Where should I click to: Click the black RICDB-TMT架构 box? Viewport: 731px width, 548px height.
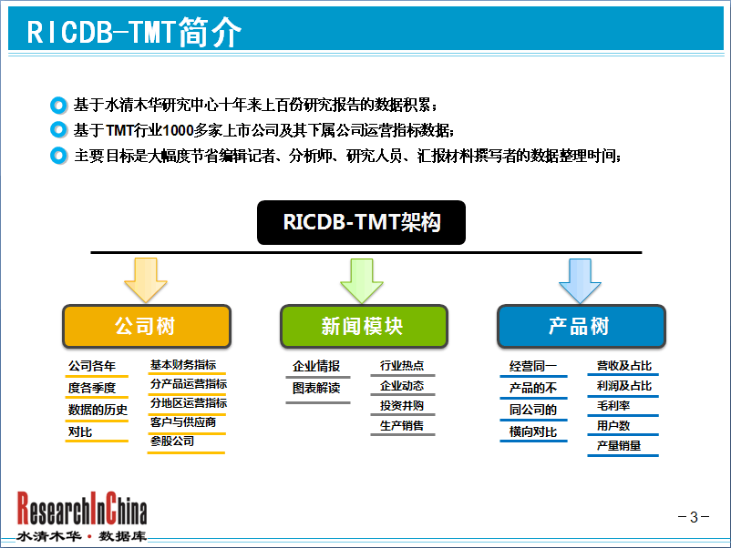[x=361, y=222]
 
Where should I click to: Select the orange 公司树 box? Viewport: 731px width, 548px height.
[x=147, y=326]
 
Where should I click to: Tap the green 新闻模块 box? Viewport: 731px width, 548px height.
[x=364, y=326]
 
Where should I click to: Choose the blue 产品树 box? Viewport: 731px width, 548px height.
[x=582, y=326]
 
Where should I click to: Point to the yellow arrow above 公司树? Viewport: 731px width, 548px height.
[x=146, y=280]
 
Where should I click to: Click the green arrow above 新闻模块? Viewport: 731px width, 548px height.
[x=362, y=280]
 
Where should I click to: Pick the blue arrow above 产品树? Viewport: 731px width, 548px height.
[x=580, y=280]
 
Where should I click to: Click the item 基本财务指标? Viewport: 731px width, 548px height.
[x=183, y=365]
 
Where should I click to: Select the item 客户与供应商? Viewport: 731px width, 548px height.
[x=183, y=422]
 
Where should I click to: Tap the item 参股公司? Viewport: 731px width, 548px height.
[x=172, y=441]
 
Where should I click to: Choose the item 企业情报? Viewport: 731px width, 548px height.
[x=316, y=366]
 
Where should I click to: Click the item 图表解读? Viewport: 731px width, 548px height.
[x=316, y=388]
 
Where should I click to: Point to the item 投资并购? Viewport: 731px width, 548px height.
[x=402, y=405]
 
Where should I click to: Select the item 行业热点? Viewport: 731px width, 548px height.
[x=402, y=366]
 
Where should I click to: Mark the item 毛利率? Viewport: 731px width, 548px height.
[x=613, y=405]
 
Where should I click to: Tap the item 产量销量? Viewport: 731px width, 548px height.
[x=619, y=445]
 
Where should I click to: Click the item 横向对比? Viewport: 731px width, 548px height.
[x=533, y=431]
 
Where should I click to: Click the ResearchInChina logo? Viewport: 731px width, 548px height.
[x=82, y=516]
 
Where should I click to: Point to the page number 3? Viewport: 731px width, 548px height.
[x=694, y=517]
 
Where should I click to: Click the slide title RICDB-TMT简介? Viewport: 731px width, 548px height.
[x=134, y=32]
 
